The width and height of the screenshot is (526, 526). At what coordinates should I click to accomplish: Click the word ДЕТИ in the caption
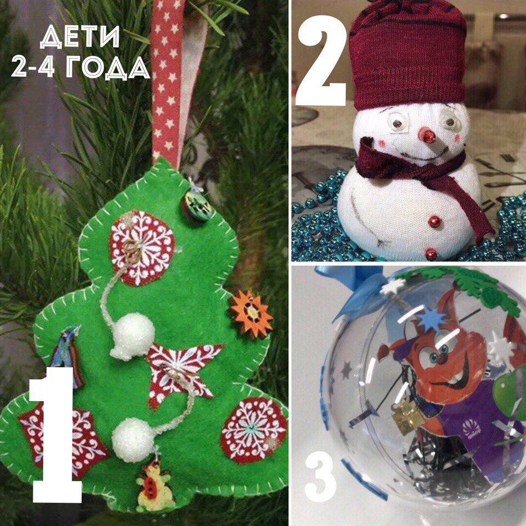point(80,37)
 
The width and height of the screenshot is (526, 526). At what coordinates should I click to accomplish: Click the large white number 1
point(56,434)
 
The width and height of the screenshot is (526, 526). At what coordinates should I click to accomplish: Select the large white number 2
point(322,60)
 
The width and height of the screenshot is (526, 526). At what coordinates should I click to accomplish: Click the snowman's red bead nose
point(427,135)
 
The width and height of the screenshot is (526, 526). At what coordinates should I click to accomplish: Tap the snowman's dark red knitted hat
point(407,54)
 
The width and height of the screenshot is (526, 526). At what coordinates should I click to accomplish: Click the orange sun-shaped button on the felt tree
point(250,313)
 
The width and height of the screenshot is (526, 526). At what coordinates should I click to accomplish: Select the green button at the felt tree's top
point(197,205)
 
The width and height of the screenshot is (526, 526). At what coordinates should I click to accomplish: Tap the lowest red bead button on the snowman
point(431,254)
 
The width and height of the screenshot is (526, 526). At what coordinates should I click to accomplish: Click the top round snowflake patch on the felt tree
point(142,248)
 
